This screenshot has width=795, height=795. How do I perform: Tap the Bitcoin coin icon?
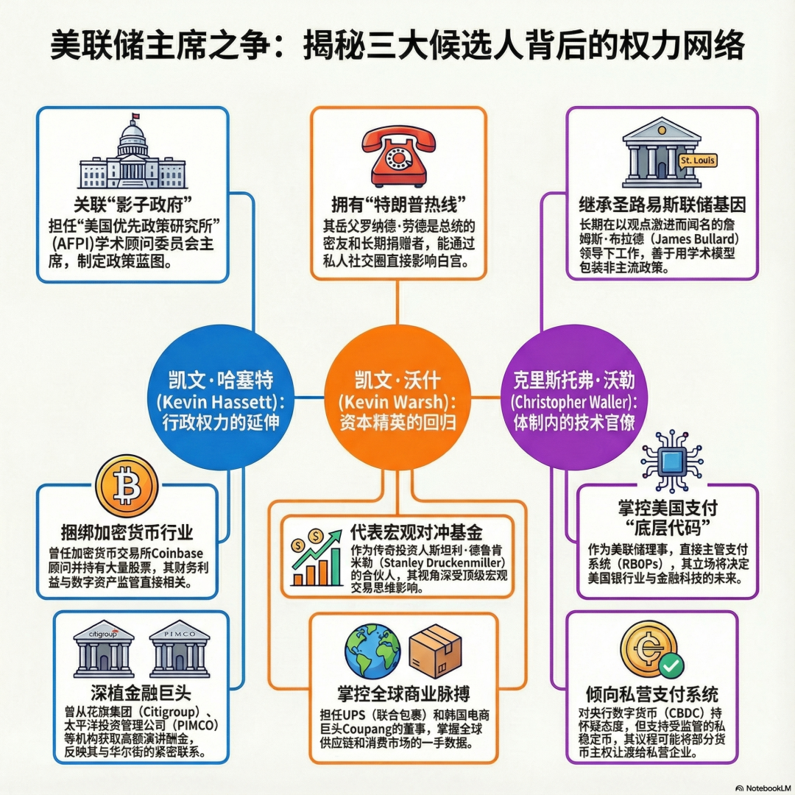[x=127, y=486]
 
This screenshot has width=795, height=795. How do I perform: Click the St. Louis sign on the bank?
[x=698, y=160]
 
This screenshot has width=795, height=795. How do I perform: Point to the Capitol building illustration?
[x=132, y=152]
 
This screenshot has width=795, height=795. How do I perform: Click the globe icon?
[x=372, y=651]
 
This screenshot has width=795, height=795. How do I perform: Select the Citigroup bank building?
[x=104, y=649]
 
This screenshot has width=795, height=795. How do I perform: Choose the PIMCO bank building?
[x=180, y=649]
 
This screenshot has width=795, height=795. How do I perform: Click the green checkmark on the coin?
[x=671, y=665]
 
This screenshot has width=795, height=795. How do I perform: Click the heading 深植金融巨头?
[x=141, y=693]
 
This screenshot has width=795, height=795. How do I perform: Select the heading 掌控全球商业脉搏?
[x=403, y=693]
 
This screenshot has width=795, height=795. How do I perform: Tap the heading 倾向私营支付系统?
[x=652, y=694]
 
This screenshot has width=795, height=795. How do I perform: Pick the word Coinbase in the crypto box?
[x=177, y=553]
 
